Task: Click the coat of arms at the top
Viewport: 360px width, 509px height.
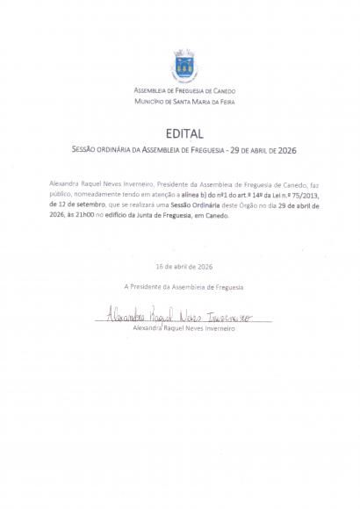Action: pyautogui.click(x=184, y=66)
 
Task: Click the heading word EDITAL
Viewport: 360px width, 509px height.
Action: pyautogui.click(x=184, y=134)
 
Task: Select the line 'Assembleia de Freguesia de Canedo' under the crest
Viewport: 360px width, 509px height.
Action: pyautogui.click(x=184, y=91)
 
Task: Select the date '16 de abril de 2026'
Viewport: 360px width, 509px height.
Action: pyautogui.click(x=184, y=266)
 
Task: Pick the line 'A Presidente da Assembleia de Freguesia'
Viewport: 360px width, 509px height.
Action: pyautogui.click(x=184, y=287)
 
